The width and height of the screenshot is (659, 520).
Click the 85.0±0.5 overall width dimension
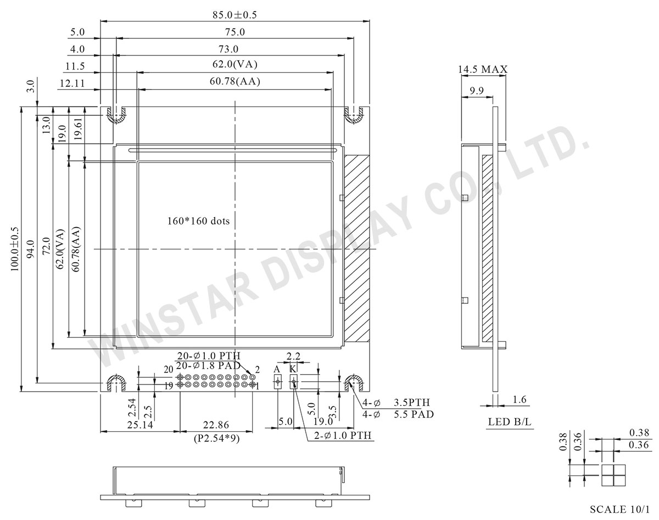[234, 15]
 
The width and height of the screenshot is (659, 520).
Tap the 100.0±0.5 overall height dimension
[15, 248]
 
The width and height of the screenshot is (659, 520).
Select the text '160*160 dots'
[198, 221]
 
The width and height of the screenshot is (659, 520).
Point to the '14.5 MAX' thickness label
[483, 70]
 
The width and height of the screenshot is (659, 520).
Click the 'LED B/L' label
[510, 422]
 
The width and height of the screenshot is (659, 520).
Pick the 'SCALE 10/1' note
[619, 509]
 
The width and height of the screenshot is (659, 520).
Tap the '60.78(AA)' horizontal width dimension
[234, 81]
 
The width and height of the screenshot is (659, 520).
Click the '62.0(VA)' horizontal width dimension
[234, 64]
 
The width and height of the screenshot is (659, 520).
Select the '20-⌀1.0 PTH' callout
[209, 356]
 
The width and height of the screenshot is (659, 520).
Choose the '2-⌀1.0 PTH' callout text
[343, 436]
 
